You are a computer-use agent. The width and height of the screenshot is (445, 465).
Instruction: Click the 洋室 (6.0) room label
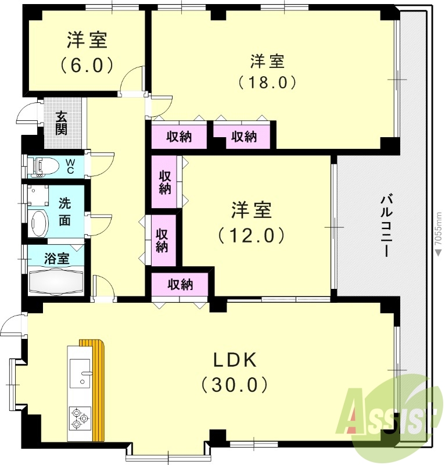click(x=87, y=52)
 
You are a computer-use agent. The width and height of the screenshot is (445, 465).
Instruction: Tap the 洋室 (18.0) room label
click(x=268, y=70)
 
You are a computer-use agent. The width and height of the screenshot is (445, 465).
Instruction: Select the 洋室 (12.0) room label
click(x=251, y=222)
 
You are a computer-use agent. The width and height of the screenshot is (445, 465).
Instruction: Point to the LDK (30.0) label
click(x=234, y=371)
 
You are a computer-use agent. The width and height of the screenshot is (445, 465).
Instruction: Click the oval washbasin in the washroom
click(x=38, y=223)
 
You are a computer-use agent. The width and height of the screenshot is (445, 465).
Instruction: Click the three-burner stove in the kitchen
click(x=79, y=417)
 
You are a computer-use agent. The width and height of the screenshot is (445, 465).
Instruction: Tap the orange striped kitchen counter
click(x=99, y=389)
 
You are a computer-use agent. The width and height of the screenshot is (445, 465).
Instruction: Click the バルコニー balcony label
click(x=385, y=226)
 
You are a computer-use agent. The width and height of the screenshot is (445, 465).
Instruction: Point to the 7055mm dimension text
click(x=439, y=233)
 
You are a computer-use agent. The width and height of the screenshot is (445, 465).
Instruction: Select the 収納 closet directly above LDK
click(x=180, y=285)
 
